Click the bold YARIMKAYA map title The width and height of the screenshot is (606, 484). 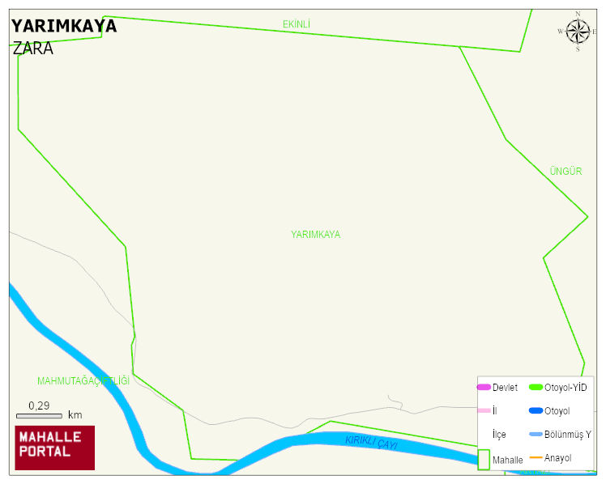(64, 26)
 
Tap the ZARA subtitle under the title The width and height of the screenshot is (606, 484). (33, 49)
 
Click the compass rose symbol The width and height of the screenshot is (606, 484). (578, 32)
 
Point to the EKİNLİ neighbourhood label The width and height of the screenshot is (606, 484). (297, 24)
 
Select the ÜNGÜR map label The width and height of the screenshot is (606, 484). (565, 172)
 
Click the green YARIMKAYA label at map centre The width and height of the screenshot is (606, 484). (315, 235)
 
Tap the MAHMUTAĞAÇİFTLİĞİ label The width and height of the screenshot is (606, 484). (83, 380)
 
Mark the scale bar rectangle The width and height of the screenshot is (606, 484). (39, 416)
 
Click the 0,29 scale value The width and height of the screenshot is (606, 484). (39, 405)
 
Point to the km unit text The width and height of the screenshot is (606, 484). (75, 415)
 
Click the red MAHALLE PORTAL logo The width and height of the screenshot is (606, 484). (55, 448)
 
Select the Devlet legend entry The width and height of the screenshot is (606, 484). (497, 388)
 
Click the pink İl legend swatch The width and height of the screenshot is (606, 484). (484, 411)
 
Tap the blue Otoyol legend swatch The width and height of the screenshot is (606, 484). (536, 411)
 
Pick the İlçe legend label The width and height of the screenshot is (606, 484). (499, 435)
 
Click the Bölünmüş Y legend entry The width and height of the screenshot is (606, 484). (560, 435)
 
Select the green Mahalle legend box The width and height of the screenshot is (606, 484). (484, 459)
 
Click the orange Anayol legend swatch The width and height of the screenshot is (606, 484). (536, 458)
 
